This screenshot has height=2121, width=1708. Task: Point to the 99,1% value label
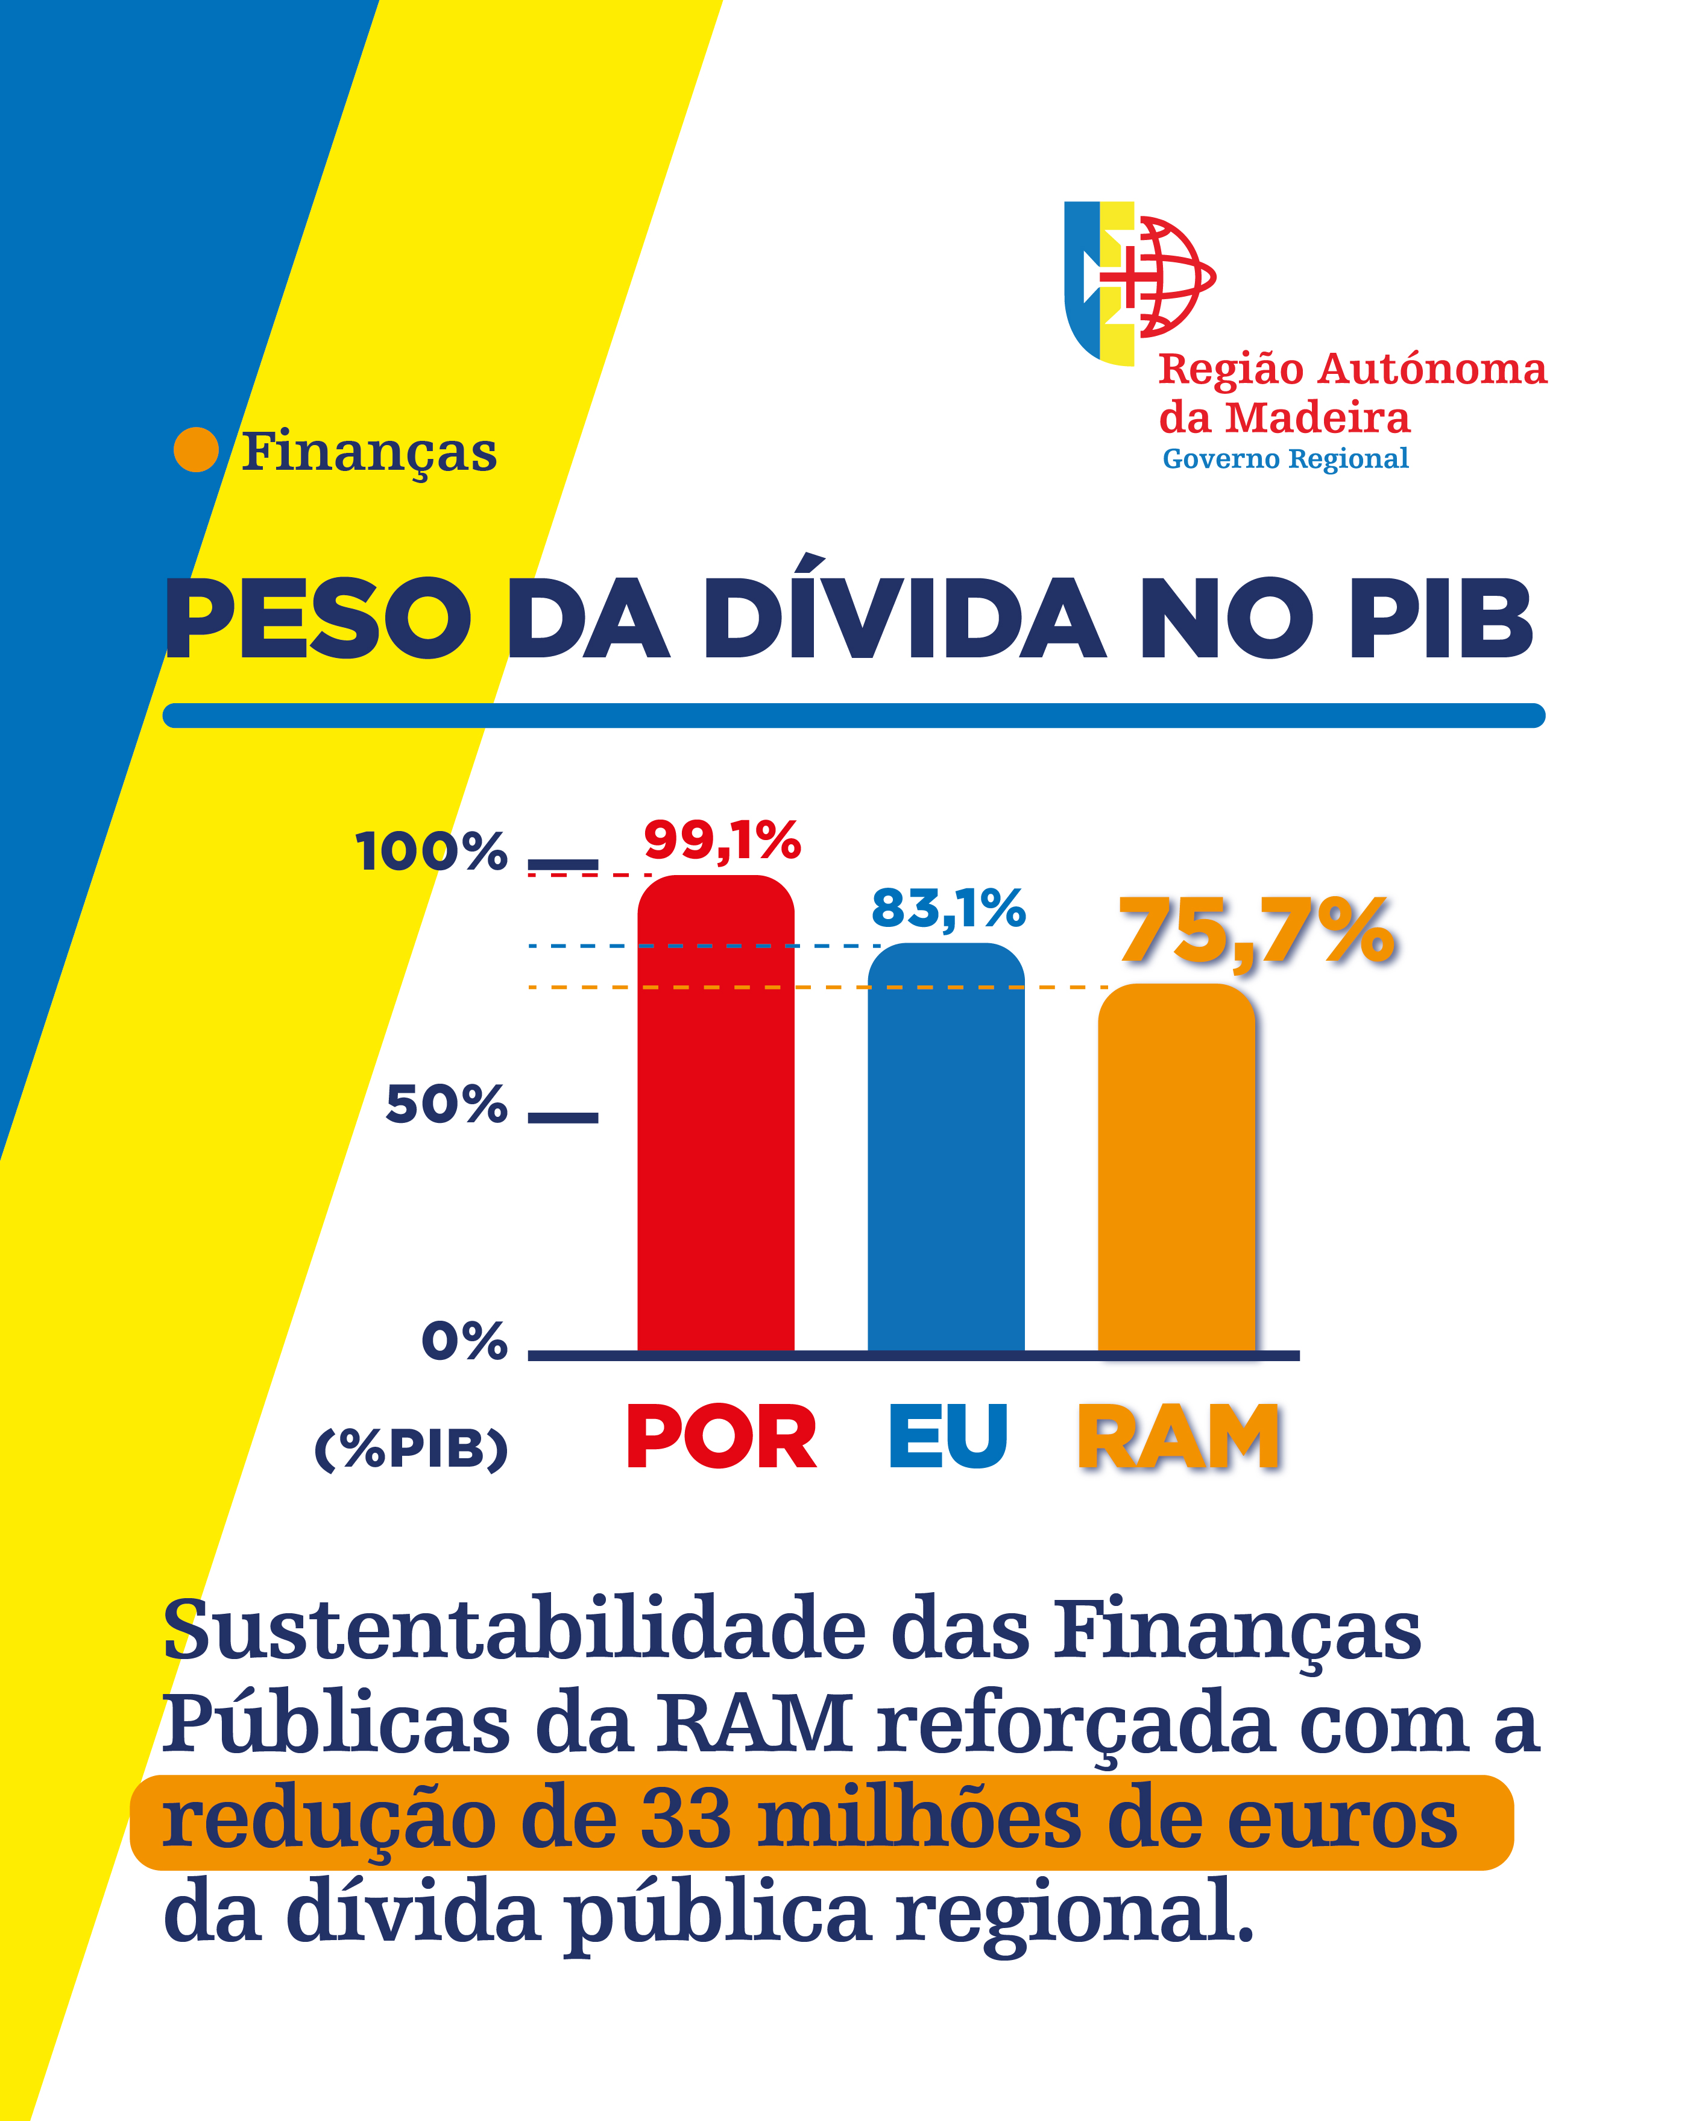point(722,841)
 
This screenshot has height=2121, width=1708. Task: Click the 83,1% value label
point(948,908)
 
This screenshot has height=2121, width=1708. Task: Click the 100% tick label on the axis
point(431,852)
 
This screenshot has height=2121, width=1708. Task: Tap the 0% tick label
point(464,1341)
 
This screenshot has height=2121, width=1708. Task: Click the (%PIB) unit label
point(411,1448)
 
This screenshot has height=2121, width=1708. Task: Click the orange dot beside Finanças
point(196,450)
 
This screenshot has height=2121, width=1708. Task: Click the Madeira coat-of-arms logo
point(1139,282)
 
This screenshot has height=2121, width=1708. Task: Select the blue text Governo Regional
point(1285,459)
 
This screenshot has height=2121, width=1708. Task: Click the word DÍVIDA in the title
point(903,619)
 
